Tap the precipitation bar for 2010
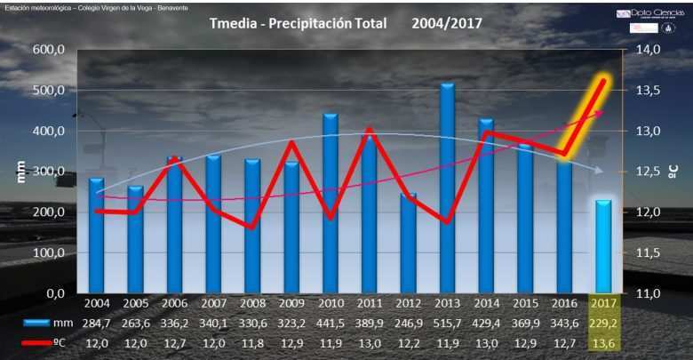(x=330, y=204)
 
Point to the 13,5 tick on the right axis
(x=649, y=91)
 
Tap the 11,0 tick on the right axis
(x=649, y=293)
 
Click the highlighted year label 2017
(x=603, y=304)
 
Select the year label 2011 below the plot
(x=369, y=304)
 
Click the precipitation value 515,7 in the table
(x=447, y=322)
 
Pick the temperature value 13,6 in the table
(x=603, y=342)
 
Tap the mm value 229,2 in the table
(x=603, y=322)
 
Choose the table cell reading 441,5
(x=330, y=322)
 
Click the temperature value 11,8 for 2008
(x=251, y=342)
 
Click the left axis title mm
(x=20, y=172)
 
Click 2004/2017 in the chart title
(x=446, y=23)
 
